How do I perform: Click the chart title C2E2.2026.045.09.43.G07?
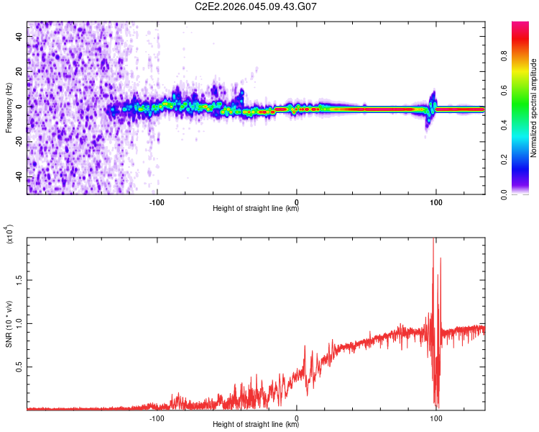click(x=256, y=6)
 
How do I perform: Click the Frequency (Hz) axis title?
click(x=9, y=107)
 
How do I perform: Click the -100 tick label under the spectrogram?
click(x=157, y=201)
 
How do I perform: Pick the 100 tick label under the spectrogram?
click(x=436, y=201)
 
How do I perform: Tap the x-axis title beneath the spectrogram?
click(x=256, y=209)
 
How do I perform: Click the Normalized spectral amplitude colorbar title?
click(x=534, y=108)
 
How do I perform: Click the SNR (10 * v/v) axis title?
click(x=9, y=325)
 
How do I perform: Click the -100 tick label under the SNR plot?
click(x=157, y=417)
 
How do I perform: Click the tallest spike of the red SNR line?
click(x=433, y=240)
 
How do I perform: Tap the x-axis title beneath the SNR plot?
click(x=256, y=425)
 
